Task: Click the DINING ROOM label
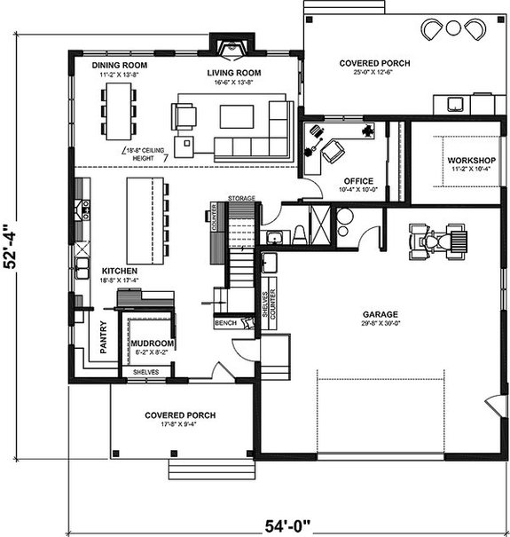[120, 65]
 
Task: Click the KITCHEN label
[119, 271]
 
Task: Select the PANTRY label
[104, 337]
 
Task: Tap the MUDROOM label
[152, 343]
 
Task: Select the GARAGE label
[379, 314]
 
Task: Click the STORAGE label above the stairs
[241, 197]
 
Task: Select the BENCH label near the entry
[226, 323]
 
